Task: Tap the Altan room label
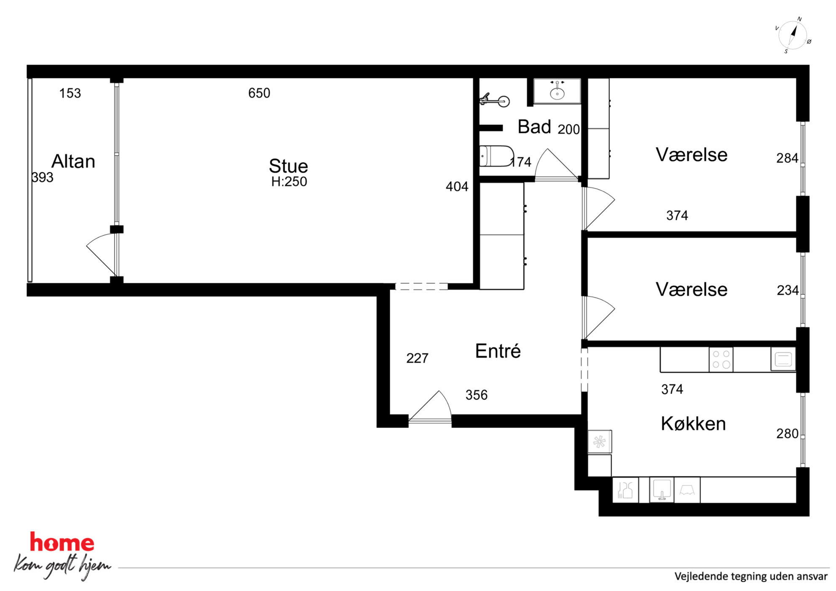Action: click(x=73, y=161)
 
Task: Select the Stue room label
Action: click(x=289, y=166)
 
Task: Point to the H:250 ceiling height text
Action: click(x=289, y=182)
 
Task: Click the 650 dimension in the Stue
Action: click(x=259, y=93)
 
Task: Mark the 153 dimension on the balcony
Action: click(x=70, y=93)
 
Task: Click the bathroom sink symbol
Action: click(x=557, y=91)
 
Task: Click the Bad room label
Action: click(x=534, y=127)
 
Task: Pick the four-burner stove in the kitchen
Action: click(x=721, y=359)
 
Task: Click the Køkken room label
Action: click(x=693, y=424)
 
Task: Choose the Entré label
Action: click(x=498, y=351)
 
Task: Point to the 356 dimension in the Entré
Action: click(x=477, y=395)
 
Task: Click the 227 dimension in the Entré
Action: click(x=417, y=358)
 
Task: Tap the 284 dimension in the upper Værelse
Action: click(x=787, y=158)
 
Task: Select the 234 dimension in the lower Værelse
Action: click(x=788, y=290)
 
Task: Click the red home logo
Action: click(x=62, y=542)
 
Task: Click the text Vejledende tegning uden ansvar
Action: click(x=751, y=576)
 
